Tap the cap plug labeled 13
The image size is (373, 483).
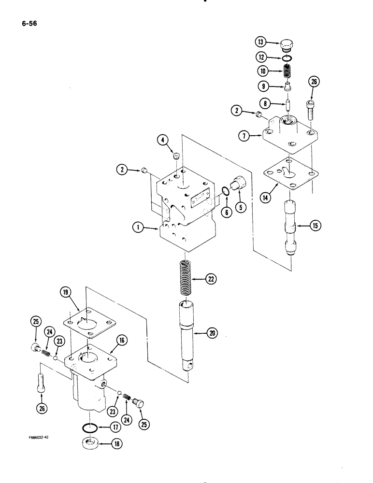(287, 46)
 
